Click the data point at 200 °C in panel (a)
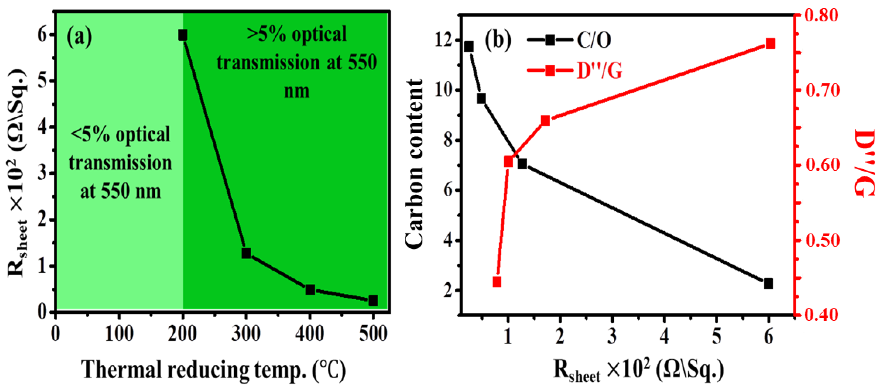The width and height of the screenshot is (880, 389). (182, 35)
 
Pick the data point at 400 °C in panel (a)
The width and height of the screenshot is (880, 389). (310, 290)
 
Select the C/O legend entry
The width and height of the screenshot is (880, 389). (569, 40)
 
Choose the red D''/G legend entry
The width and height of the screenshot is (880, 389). (574, 71)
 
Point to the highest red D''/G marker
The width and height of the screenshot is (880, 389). (770, 44)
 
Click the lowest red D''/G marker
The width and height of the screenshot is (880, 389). (497, 282)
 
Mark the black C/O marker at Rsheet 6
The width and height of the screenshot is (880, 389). (768, 283)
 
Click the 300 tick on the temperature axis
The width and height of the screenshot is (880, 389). (246, 334)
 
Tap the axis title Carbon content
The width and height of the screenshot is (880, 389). (414, 164)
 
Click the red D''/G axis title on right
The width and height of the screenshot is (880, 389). (864, 163)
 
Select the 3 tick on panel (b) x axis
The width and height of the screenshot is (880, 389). (612, 337)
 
